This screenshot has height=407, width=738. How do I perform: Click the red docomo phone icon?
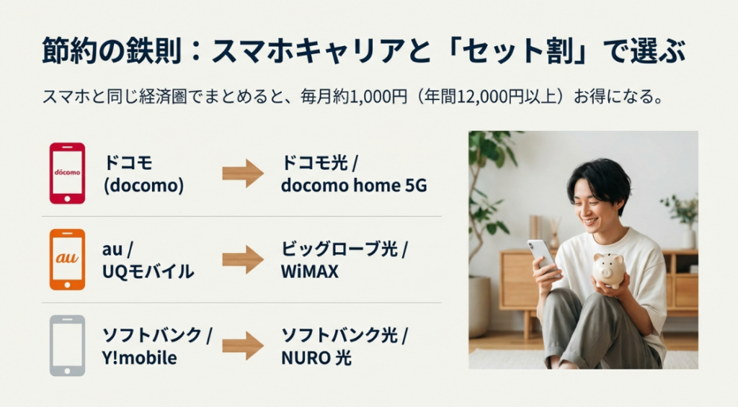67,173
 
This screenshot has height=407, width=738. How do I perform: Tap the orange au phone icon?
67,259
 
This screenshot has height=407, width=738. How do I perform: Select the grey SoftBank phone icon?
67,345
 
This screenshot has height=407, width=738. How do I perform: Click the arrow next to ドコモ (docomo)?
243,174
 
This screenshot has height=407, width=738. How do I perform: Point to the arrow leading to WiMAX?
243,259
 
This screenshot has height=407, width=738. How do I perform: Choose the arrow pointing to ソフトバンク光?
243,345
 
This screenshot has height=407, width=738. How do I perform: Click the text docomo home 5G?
353,186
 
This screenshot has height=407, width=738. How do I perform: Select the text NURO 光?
316,358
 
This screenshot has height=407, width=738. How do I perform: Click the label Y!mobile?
140,358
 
